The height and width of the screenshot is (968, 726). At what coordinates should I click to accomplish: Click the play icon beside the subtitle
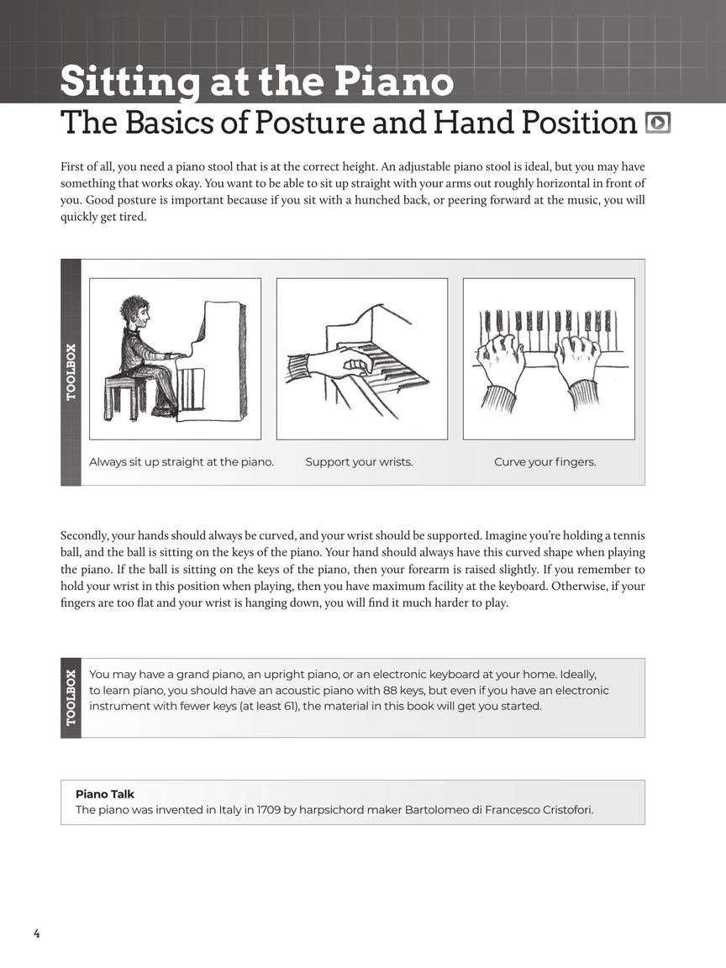click(x=658, y=123)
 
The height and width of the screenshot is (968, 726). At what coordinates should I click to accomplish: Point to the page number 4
click(x=37, y=933)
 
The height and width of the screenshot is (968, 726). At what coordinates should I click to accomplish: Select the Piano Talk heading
click(x=105, y=794)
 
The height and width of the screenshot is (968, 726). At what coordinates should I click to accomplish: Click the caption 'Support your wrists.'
click(x=359, y=462)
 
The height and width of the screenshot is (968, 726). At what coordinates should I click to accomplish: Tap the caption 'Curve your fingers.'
click(x=544, y=462)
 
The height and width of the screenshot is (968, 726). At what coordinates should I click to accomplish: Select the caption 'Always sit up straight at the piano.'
click(x=181, y=462)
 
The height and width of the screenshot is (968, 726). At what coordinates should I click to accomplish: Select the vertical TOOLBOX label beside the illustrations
click(x=71, y=371)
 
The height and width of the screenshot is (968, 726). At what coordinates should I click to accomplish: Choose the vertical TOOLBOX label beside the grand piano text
click(x=71, y=697)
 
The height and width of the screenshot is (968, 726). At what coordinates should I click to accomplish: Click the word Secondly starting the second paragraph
click(x=84, y=535)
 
